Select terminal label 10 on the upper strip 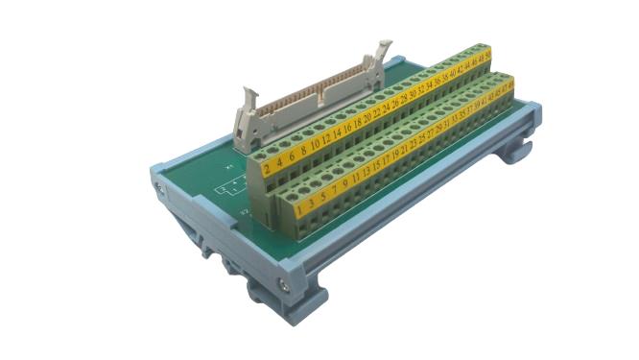point(315,149)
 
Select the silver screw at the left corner point(159,180)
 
